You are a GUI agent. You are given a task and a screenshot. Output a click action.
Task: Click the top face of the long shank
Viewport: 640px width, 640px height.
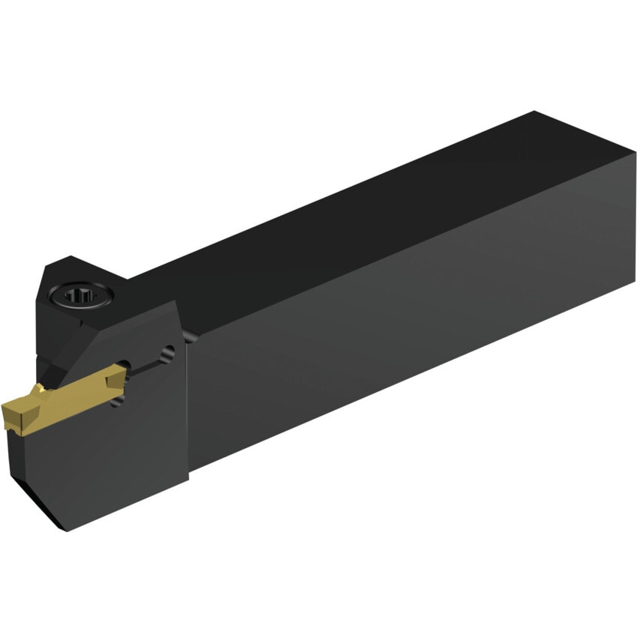(337, 217)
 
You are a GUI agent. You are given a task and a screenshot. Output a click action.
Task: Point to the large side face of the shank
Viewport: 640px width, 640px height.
(412, 315)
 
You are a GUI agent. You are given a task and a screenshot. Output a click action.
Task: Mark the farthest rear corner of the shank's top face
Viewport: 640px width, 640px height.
(534, 112)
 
